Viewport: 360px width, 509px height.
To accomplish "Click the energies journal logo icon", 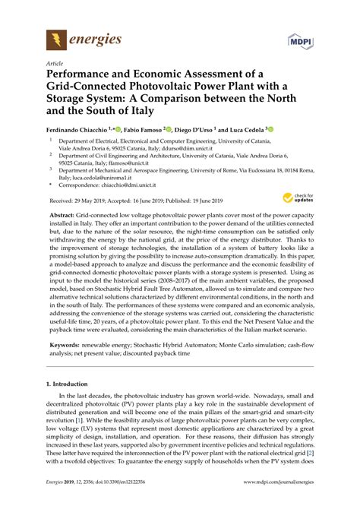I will (x=56, y=40).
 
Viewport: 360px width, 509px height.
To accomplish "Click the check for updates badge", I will (x=297, y=198).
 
